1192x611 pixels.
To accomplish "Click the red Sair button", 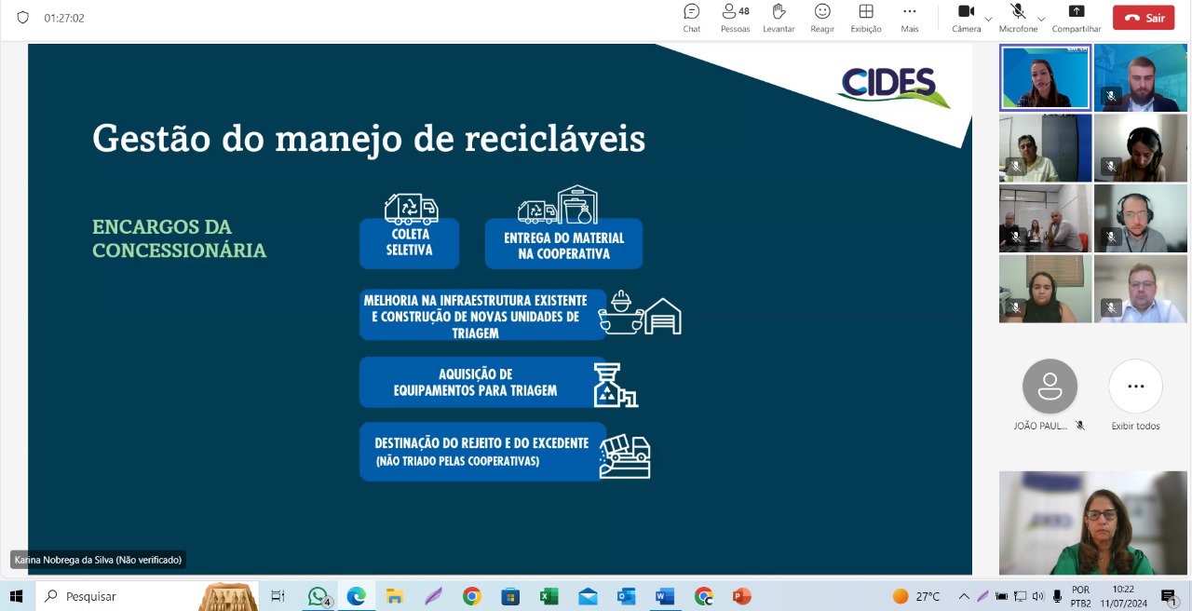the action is (x=1144, y=18).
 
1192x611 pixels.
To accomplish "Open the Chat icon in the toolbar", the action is (x=691, y=11).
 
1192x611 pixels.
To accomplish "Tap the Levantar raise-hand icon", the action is (x=779, y=11).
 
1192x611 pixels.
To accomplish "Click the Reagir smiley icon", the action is (x=822, y=11).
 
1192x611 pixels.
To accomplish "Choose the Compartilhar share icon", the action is (x=1076, y=11).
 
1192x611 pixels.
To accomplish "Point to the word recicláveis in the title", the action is (x=554, y=139).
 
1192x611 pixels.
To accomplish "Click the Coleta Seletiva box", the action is (x=409, y=243).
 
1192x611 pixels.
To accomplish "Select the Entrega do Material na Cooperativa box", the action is (x=563, y=243).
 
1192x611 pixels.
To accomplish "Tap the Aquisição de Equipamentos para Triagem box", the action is (x=482, y=382).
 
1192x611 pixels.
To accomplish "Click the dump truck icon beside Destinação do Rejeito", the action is (x=625, y=456).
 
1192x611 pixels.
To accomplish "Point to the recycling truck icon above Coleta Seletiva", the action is (x=411, y=209).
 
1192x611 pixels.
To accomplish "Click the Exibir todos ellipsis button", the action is (x=1135, y=386).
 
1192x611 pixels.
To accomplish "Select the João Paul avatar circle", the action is (x=1050, y=386).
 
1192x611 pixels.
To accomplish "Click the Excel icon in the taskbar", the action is (x=549, y=597).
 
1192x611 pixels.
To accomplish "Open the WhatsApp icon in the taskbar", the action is (x=318, y=597).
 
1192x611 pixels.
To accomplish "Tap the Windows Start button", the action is (x=17, y=597).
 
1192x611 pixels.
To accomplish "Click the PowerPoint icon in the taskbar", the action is (x=741, y=597).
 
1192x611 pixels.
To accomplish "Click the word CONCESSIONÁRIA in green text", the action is (x=180, y=251).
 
